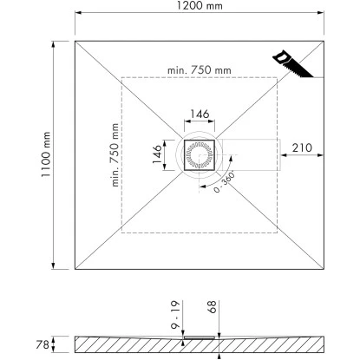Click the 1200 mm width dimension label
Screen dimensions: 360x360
[200, 5]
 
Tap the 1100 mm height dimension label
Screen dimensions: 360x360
[46, 154]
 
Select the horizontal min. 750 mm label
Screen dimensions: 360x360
[200, 70]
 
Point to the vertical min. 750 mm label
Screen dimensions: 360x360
[115, 154]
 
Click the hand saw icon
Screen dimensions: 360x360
[292, 64]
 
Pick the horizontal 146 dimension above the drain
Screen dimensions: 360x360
[200, 114]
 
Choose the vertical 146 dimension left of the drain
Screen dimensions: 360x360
[157, 154]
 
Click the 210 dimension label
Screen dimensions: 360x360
[302, 147]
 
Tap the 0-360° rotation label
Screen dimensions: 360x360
[224, 183]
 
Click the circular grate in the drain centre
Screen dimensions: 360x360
[200, 154]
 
